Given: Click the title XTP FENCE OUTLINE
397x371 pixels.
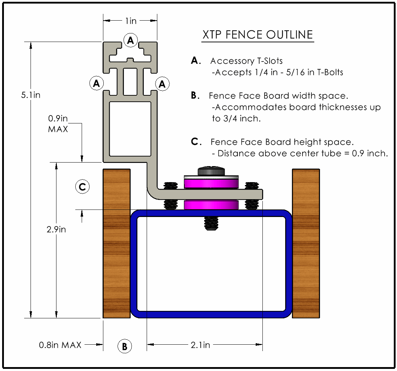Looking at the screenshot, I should click(x=257, y=35).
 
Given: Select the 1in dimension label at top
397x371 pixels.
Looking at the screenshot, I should click(x=130, y=21).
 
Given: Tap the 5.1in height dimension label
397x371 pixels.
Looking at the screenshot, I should click(x=31, y=95).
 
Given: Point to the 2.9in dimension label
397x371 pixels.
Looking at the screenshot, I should click(x=56, y=229).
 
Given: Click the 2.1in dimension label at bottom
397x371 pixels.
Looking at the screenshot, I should click(x=200, y=345).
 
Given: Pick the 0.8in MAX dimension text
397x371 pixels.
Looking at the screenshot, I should click(x=60, y=345).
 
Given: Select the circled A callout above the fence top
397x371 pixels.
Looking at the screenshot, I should click(x=131, y=41).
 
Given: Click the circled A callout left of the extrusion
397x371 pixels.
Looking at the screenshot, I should click(x=96, y=84).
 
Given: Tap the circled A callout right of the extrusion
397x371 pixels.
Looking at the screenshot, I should click(x=163, y=84).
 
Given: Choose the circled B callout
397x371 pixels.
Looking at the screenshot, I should click(x=124, y=346).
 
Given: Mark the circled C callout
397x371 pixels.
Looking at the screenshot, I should click(x=82, y=187).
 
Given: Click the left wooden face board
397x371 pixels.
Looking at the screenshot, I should click(x=116, y=243).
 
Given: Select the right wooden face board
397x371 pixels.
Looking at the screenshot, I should click(x=305, y=243).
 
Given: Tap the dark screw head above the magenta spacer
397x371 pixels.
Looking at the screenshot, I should click(x=211, y=170).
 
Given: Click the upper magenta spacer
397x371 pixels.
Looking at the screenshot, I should click(x=211, y=184).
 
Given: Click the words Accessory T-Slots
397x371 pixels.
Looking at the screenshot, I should click(x=246, y=61).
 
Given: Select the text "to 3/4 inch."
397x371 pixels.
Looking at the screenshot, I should click(x=236, y=118).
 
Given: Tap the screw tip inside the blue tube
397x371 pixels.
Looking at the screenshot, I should click(x=211, y=223).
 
